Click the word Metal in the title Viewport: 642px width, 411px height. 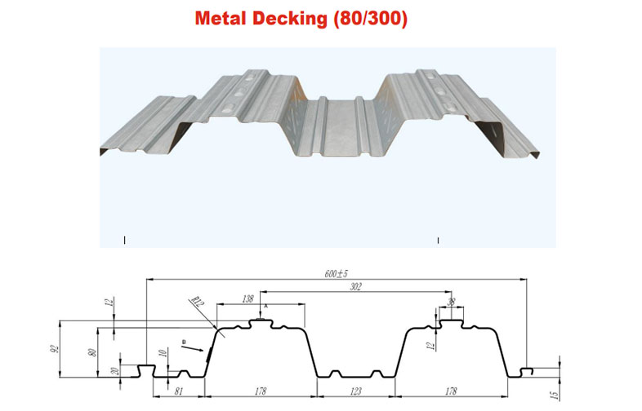[222, 17]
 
